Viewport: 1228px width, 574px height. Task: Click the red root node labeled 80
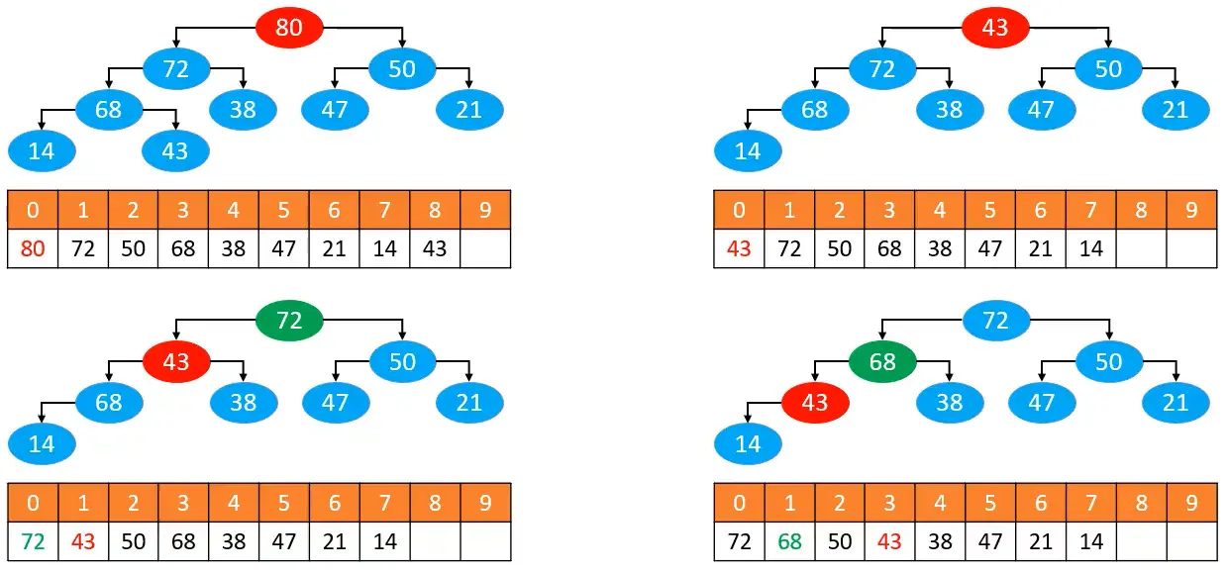[x=289, y=27]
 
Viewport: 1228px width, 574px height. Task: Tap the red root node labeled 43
[x=995, y=27]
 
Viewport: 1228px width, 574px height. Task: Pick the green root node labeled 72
[x=289, y=320]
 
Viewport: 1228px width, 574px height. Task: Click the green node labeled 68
[x=882, y=362]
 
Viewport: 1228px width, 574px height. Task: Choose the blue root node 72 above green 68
[x=995, y=320]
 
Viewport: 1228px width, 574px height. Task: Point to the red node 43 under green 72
[x=176, y=362]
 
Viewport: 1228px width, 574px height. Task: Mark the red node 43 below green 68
[x=815, y=403]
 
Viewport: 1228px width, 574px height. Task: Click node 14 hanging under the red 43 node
[x=748, y=443]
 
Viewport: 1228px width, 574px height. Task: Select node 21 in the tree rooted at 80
[x=469, y=109]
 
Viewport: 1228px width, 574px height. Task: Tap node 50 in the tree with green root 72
[x=402, y=362]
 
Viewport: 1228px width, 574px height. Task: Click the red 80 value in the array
[x=33, y=248]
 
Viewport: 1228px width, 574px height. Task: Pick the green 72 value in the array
[x=33, y=541]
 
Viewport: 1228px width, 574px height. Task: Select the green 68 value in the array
[x=789, y=541]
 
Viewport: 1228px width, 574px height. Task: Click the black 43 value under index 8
[x=435, y=248]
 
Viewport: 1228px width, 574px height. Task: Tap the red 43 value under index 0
[x=739, y=248]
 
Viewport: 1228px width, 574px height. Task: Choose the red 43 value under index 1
[x=83, y=541]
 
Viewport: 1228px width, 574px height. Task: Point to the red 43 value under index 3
[x=889, y=541]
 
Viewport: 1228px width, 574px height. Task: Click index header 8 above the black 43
[x=435, y=210]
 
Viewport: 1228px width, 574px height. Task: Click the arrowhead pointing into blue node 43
[x=176, y=125]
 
